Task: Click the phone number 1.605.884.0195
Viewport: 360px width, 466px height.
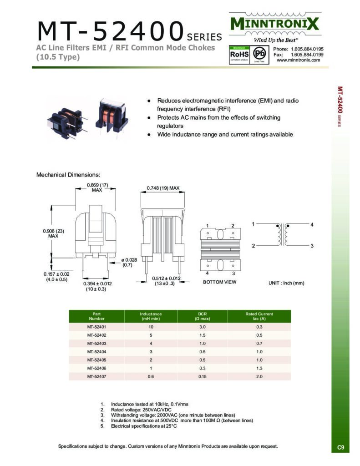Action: coord(307,49)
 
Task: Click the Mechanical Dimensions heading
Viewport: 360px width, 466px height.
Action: coord(68,175)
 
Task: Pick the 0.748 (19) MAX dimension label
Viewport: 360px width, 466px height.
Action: coord(163,188)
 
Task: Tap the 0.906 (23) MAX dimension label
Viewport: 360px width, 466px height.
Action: coord(54,233)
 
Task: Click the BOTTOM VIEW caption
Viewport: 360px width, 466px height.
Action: coord(220,282)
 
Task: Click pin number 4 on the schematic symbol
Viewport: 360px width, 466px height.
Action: coord(312,225)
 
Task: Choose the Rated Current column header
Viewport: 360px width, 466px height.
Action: coord(259,316)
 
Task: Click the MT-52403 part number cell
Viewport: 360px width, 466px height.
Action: coord(96,343)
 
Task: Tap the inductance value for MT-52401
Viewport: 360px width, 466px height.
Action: coord(151,327)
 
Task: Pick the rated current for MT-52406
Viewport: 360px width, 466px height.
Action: coord(259,368)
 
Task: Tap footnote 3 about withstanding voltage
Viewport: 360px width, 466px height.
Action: coord(173,415)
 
